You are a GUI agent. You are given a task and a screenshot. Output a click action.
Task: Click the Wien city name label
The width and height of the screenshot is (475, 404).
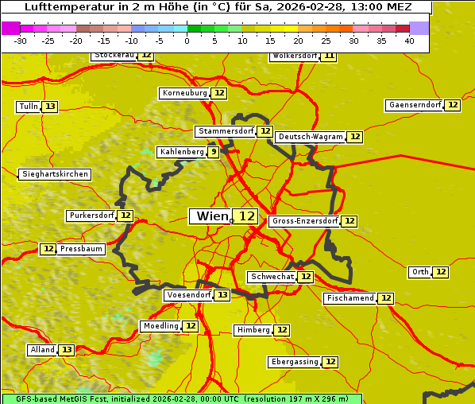coord(212,216)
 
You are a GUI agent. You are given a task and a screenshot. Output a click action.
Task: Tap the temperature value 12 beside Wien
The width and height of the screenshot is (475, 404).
coord(247,216)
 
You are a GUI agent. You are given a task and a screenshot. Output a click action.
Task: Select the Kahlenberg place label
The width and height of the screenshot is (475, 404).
coord(182,152)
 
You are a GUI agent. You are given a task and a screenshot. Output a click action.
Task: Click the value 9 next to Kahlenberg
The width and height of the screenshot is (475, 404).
coord(213,152)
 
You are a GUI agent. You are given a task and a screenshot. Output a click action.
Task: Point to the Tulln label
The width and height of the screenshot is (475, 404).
coord(29,107)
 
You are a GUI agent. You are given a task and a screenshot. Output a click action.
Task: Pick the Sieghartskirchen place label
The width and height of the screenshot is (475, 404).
coord(55,174)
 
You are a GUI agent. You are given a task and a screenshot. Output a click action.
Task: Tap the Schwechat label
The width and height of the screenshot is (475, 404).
coord(272,277)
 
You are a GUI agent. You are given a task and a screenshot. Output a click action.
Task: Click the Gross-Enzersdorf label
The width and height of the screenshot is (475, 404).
coord(305,221)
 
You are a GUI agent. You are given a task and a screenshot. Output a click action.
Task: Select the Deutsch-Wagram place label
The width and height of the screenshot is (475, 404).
coord(311,137)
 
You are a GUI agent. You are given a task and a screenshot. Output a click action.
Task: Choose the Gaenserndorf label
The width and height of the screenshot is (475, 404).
coord(414,105)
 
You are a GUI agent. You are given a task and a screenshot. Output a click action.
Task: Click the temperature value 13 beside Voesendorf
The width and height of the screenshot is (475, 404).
coord(222,295)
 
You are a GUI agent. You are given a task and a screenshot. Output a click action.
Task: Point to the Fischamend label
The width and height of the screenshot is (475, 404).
coord(349,298)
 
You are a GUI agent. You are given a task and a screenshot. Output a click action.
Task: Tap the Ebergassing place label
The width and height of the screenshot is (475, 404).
coord(295,362)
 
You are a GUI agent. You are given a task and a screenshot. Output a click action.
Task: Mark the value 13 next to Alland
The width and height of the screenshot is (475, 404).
coord(67,350)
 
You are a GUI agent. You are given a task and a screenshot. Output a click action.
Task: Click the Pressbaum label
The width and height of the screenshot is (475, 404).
coord(82,249)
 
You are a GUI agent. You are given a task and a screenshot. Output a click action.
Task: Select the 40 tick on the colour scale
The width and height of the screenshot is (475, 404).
coord(409,41)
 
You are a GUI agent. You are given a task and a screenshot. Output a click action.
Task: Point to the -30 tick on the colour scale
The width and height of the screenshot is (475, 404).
coord(21,41)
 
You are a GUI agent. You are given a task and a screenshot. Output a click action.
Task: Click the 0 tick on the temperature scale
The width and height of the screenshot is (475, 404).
coord(187,41)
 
